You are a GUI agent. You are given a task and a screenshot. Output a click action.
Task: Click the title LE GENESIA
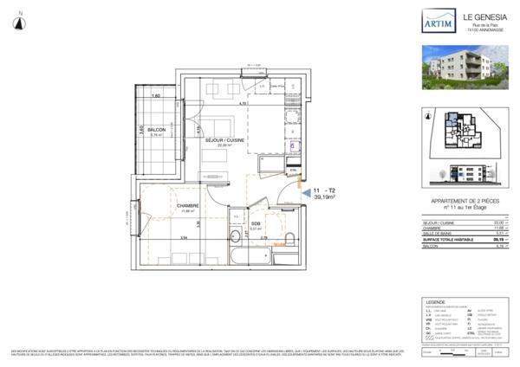tap(481, 15)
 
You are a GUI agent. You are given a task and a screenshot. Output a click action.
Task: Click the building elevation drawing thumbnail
tap(465, 176)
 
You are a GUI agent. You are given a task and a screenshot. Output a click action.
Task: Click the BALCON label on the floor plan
tap(157, 129)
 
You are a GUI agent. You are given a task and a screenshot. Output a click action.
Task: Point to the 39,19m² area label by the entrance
tap(327, 196)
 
